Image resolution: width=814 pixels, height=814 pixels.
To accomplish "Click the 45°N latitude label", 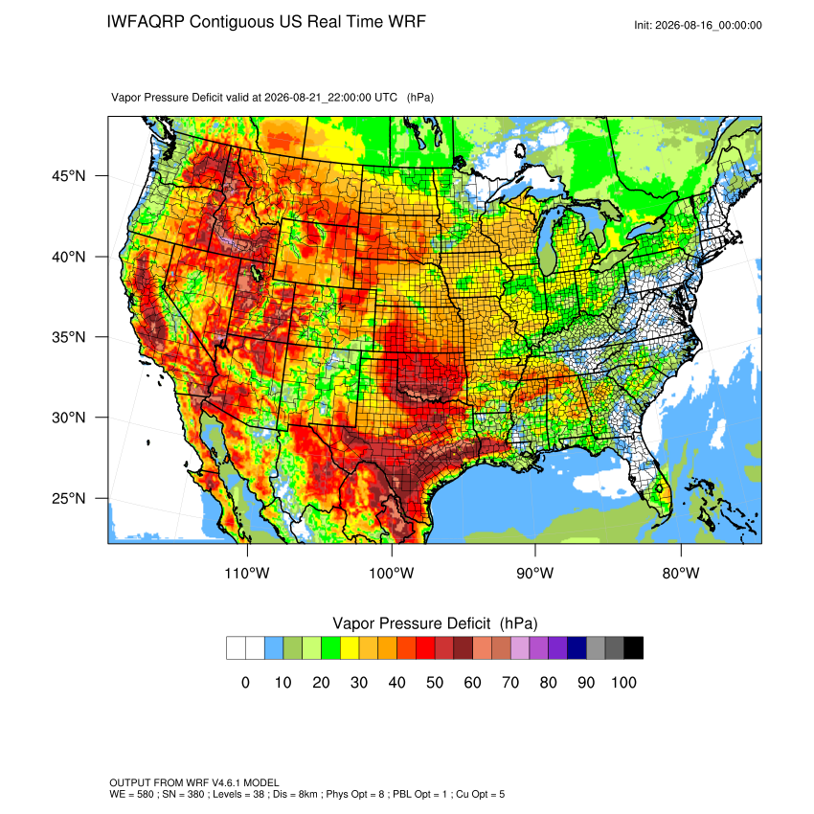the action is coord(68,176).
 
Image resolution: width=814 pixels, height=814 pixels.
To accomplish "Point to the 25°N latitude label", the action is coord(68,498).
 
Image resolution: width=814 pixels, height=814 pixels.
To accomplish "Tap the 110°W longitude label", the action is coord(247,573).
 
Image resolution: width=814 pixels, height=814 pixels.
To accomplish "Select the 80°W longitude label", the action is coord(681,573).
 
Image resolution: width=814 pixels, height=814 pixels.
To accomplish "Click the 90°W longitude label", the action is coord(534,573).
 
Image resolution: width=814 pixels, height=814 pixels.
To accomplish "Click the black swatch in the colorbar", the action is coord(634,648).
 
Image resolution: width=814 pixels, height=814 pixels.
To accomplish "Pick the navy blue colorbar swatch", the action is coord(577,648).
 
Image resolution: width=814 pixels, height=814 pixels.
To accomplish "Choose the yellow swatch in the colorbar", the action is coord(350,648).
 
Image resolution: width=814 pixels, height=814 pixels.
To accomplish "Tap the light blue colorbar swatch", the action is coord(274,648).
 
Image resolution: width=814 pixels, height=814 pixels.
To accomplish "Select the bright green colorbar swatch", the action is coord(330,648).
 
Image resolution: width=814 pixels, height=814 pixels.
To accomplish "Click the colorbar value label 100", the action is coord(623,682).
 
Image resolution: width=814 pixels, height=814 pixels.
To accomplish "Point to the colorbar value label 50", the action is coord(435,682).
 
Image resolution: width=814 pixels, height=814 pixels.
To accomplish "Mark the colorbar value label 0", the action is coord(245,682).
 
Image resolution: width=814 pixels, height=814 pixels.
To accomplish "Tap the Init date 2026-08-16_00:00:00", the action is coord(709,25).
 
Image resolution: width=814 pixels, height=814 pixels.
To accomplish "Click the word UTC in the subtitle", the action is coord(386,98).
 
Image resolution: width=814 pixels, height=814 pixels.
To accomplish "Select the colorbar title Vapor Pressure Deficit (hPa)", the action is coord(435,623).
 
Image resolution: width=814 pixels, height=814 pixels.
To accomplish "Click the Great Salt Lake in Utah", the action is coord(256,273).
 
